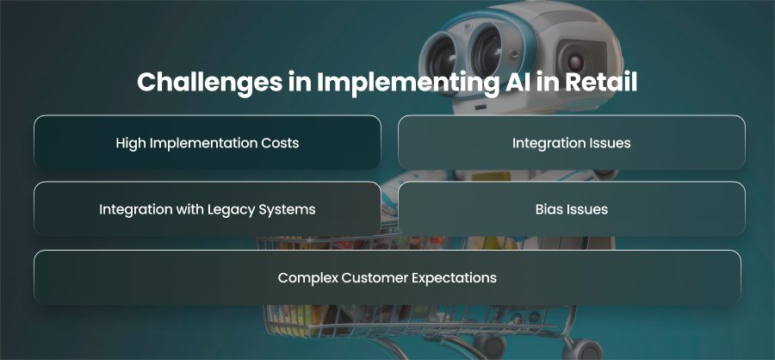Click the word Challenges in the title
click(x=208, y=83)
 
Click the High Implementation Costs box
click(x=207, y=142)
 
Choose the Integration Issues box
click(x=572, y=142)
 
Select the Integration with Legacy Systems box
click(x=207, y=208)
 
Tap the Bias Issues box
click(x=572, y=208)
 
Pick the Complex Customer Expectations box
click(x=387, y=277)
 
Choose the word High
click(x=131, y=144)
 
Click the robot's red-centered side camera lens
click(x=575, y=62)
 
